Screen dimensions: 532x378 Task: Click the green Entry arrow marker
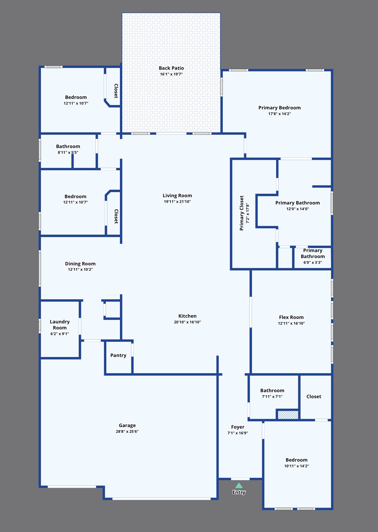[x=239, y=485]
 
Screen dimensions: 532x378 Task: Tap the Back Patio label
[x=171, y=68]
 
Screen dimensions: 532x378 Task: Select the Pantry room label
[x=118, y=355]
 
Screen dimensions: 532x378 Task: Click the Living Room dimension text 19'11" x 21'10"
[x=177, y=202]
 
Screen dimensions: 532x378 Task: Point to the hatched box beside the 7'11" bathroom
[x=288, y=415]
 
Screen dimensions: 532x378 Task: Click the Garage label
[x=127, y=425]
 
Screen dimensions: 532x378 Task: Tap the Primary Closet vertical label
[x=242, y=213]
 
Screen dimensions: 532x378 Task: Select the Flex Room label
[x=291, y=317]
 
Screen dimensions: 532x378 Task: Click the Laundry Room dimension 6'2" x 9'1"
[x=60, y=334]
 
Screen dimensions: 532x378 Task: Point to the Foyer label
[x=238, y=427]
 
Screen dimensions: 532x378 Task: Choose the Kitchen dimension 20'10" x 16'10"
[x=187, y=322]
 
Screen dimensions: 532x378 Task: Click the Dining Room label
[x=80, y=264]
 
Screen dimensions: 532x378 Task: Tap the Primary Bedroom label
[x=280, y=108]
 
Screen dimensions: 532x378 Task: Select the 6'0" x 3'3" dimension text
[x=313, y=263]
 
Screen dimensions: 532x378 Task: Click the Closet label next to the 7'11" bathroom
[x=314, y=397]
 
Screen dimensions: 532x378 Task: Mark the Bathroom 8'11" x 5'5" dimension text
[x=68, y=152]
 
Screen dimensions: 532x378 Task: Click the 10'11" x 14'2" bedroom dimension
[x=296, y=466]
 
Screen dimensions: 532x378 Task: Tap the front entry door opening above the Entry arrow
[x=240, y=479]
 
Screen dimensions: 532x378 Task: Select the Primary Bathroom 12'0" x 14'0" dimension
[x=297, y=209]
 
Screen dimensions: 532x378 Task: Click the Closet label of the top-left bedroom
[x=116, y=91]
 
